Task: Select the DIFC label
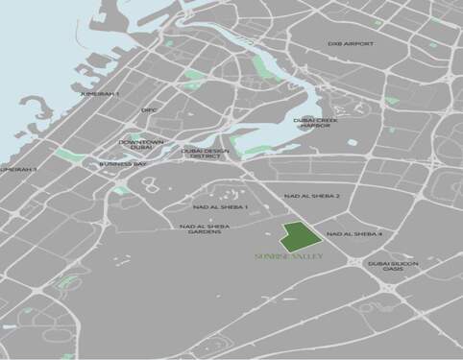[x=149, y=110]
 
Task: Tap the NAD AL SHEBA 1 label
[x=221, y=206]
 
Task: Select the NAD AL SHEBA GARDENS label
[x=204, y=228]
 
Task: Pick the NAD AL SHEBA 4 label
[x=354, y=233]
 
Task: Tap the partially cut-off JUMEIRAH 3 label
[x=18, y=169]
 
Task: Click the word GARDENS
[x=204, y=231]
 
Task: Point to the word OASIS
[x=391, y=270]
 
